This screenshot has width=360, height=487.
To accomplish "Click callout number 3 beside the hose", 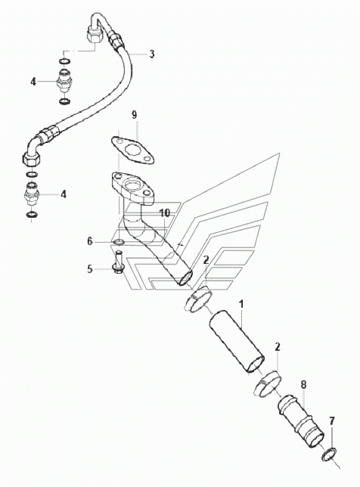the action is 151,54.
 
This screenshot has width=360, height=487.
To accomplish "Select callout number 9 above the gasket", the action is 134,115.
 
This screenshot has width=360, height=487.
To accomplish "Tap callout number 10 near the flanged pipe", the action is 165,213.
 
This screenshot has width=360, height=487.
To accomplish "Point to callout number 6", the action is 90,241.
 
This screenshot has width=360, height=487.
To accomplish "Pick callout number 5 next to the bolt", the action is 90,268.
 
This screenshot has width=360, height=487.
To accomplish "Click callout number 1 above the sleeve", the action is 241,304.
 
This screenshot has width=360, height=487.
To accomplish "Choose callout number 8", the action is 303,384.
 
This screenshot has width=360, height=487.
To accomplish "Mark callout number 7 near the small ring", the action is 332,421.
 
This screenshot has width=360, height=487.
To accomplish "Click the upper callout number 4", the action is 33,82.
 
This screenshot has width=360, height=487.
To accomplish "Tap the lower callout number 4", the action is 64,195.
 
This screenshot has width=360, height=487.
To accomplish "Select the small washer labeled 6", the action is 119,242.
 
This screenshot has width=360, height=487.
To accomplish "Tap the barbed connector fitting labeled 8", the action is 301,421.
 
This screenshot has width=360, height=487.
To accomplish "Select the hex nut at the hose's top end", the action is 93,35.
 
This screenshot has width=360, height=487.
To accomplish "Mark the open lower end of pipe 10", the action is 185,278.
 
